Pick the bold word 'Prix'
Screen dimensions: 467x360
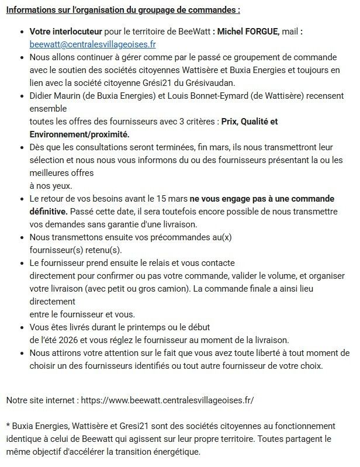(231, 122)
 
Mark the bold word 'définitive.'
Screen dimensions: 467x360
(49, 210)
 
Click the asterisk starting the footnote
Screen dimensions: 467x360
(8, 426)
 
